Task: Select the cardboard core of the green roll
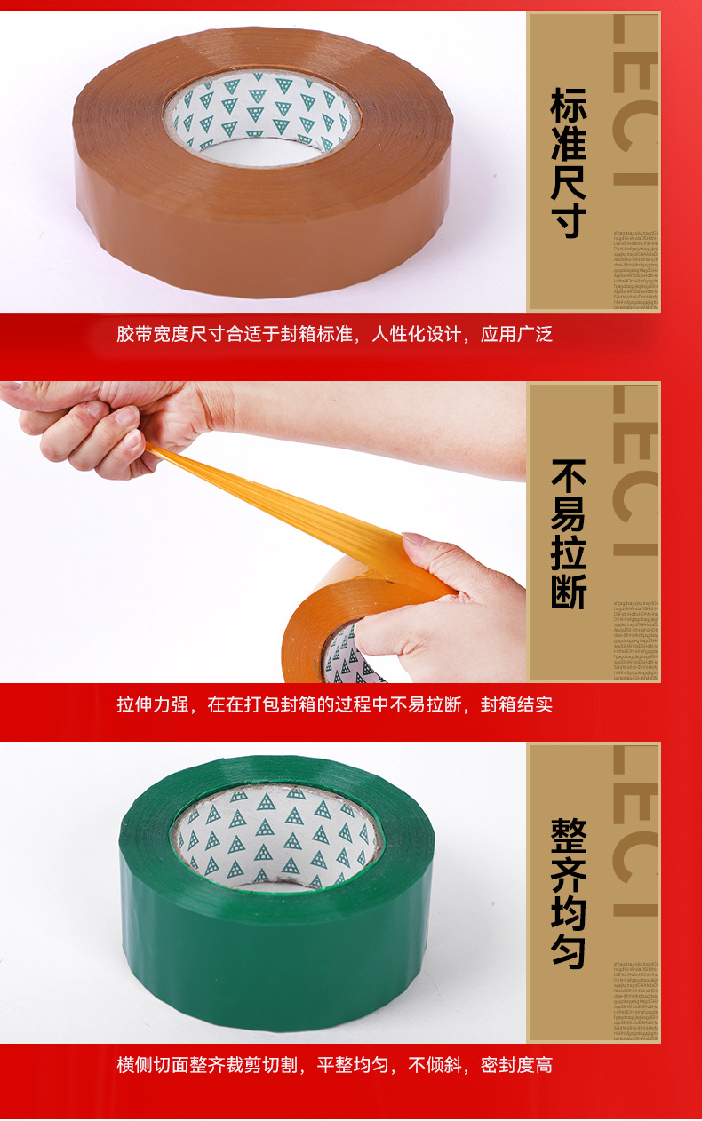(x=275, y=839)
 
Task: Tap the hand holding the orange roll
(x=444, y=613)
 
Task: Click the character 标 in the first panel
(x=569, y=105)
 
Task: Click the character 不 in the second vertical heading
(x=569, y=476)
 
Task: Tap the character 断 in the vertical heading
(x=569, y=590)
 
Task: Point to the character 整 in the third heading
(x=569, y=835)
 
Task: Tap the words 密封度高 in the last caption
(x=516, y=1064)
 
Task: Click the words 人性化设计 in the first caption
(x=416, y=335)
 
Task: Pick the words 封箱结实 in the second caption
(x=516, y=704)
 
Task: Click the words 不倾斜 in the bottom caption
(x=434, y=1064)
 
